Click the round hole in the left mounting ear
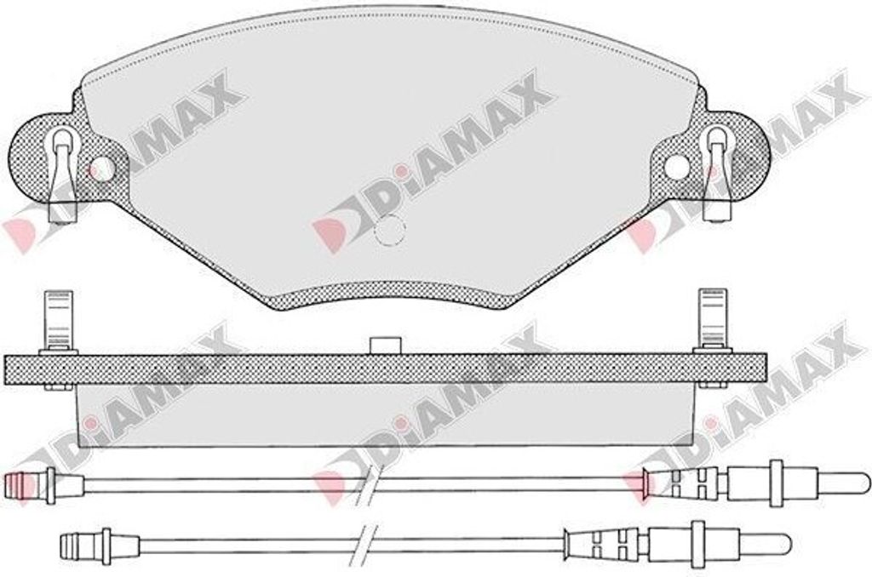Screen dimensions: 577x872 pos(100,168)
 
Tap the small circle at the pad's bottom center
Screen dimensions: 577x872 pos(391,227)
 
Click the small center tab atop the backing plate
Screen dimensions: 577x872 pos(387,345)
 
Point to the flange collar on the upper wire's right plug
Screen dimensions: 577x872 pos(775,483)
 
